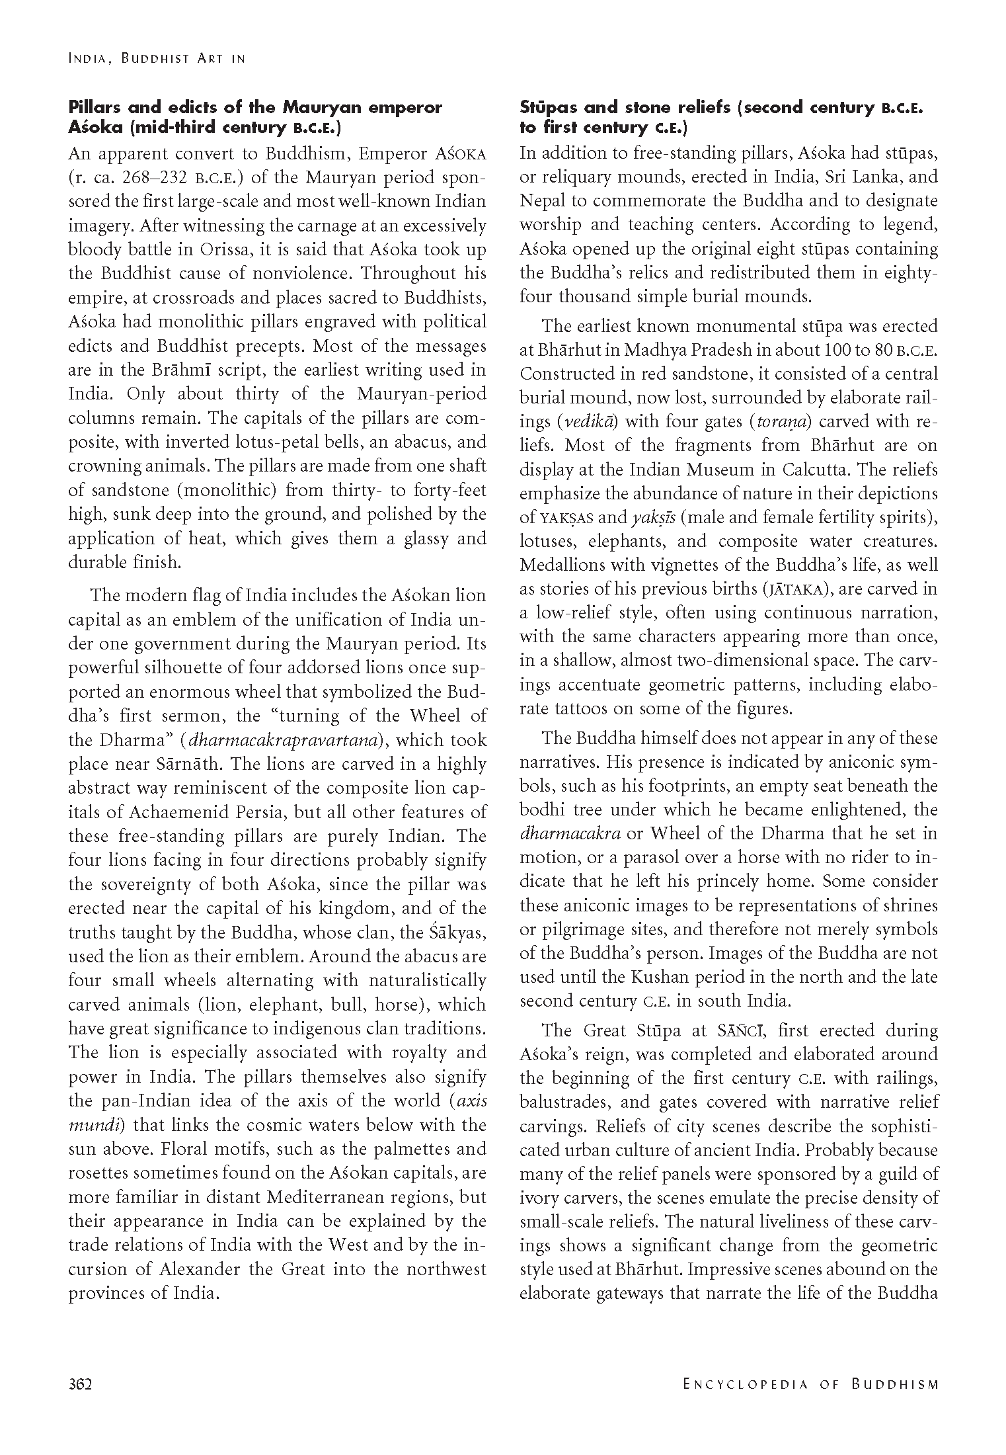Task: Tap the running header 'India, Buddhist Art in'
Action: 157,59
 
